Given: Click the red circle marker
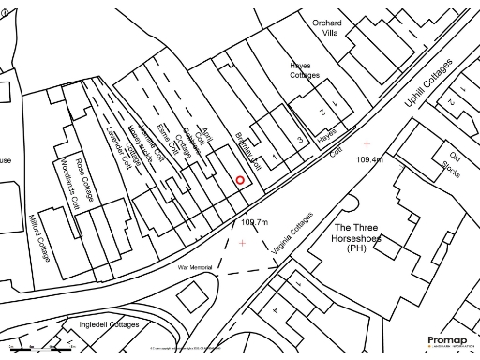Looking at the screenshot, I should click(240, 179).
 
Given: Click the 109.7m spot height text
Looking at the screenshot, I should click(254, 222).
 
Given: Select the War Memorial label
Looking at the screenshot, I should click(195, 267).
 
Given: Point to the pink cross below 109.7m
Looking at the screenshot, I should click(243, 244).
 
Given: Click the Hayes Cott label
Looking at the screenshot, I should click(327, 137).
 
